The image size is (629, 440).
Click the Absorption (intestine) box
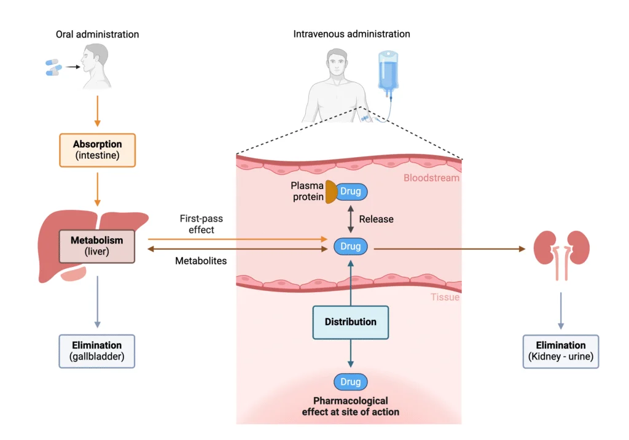point(97,150)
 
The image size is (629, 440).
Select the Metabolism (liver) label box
point(96,246)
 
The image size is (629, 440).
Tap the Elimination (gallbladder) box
point(96,351)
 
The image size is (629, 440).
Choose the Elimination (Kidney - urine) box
point(560,351)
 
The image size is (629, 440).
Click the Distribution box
point(350,322)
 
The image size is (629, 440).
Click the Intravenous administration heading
point(351,34)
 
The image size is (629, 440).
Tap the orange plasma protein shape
point(330,192)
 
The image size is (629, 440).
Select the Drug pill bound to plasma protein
point(351,192)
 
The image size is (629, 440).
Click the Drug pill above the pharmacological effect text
point(351,382)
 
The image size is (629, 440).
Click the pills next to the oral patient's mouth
point(53,68)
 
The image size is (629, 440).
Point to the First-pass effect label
point(197,224)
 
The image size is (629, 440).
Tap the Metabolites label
point(201,261)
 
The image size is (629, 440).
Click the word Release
point(377,219)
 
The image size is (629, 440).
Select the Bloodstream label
point(431,178)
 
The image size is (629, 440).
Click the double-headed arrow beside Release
point(351,219)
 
